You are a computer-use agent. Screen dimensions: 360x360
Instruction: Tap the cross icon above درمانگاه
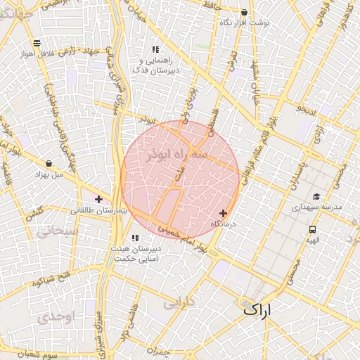coord(224,213)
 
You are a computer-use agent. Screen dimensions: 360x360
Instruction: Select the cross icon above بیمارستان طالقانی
coord(98,200)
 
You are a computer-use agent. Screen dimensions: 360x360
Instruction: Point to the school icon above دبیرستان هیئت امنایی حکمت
coord(134,238)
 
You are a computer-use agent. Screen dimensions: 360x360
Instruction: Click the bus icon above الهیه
coord(312,229)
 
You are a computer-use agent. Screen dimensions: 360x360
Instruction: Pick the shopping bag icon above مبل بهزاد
coord(49,163)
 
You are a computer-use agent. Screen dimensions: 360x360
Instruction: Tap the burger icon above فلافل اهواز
coord(36,43)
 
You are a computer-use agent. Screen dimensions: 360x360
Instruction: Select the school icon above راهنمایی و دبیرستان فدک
coord(155,50)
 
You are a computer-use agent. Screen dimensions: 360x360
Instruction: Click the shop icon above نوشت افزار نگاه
coord(244,13)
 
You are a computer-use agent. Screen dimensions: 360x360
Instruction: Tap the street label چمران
coord(161,350)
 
